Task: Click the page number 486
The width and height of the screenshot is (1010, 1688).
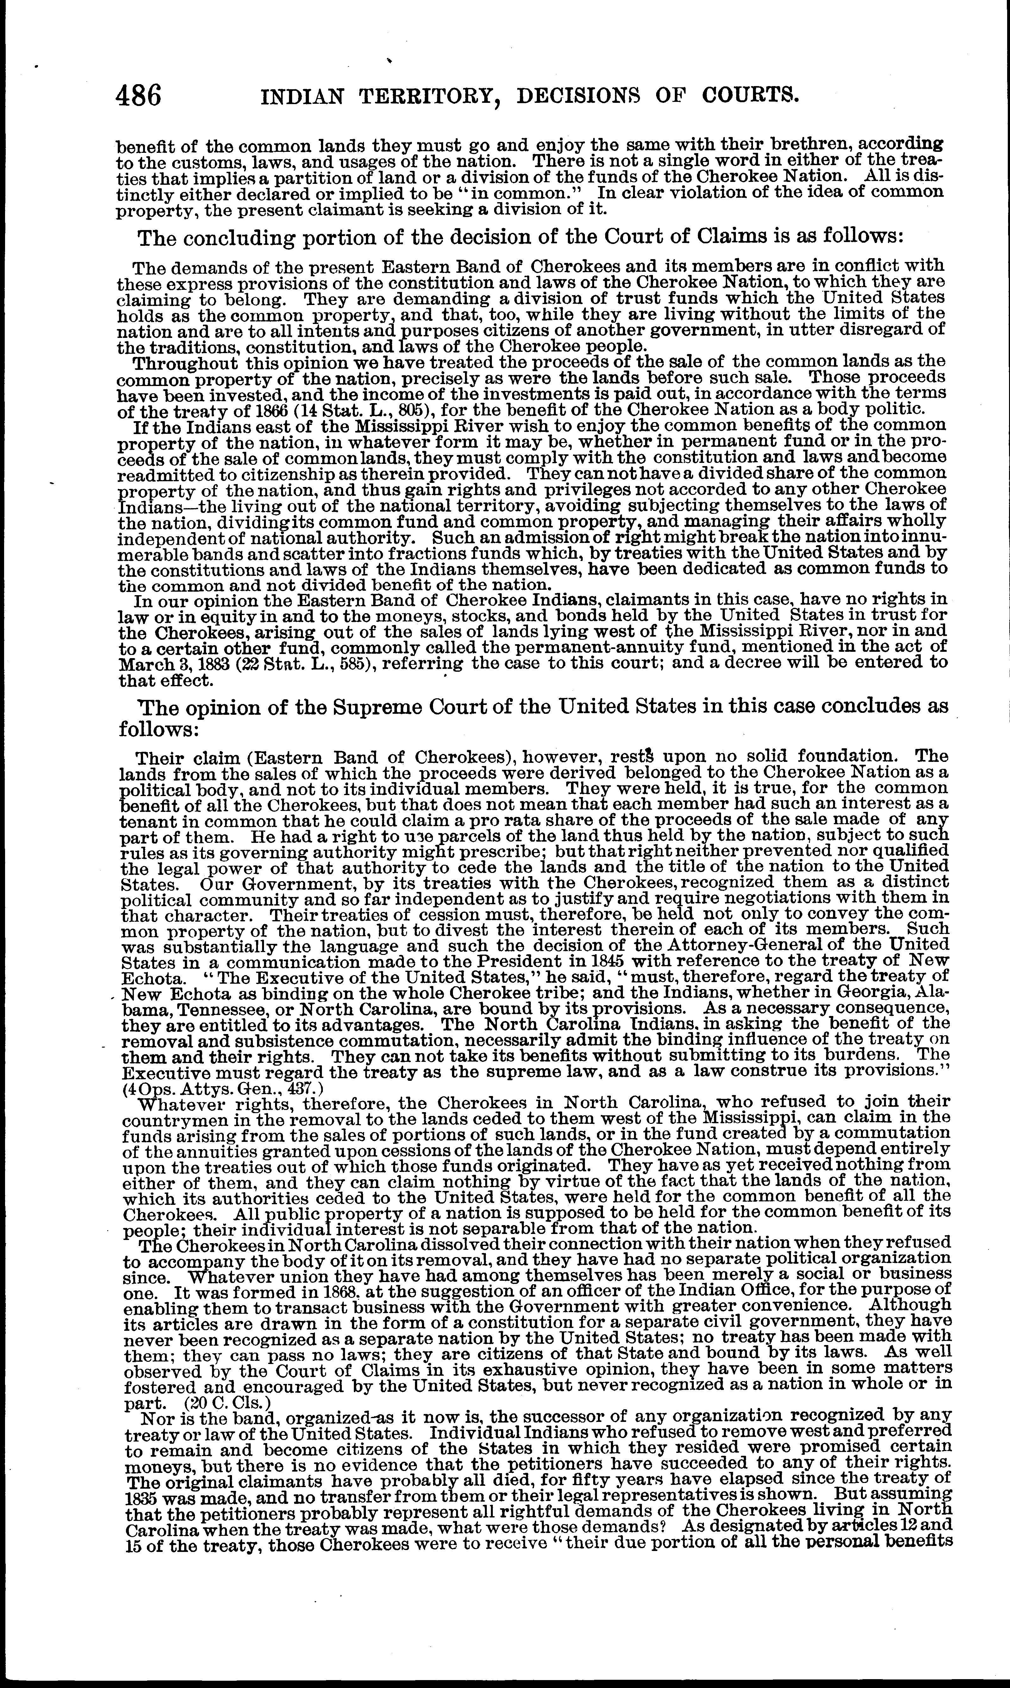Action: click(x=139, y=95)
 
